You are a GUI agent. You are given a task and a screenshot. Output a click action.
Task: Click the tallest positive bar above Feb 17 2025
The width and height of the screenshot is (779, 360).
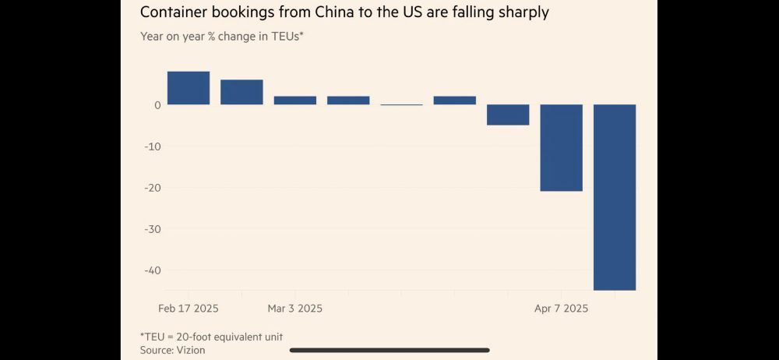189,88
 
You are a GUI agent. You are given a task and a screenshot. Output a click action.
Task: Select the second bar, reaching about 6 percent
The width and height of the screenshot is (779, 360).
241,92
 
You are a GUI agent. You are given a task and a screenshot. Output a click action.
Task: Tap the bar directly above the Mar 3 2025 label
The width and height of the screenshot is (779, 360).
295,101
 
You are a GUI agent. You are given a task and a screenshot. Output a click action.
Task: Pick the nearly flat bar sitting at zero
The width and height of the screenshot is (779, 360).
401,104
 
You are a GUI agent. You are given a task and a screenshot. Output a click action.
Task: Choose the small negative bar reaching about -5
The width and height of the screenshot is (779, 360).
508,115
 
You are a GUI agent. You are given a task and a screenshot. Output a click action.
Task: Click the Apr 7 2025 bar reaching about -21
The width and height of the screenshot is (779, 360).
562,147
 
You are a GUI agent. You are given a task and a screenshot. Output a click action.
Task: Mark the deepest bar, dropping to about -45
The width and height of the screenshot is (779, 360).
615,196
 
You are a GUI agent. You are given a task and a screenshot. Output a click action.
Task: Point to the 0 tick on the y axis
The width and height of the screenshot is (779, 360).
157,105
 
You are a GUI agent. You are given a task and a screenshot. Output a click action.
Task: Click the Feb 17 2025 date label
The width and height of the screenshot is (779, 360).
189,309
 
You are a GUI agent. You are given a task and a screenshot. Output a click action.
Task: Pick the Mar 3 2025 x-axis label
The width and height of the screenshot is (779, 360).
294,309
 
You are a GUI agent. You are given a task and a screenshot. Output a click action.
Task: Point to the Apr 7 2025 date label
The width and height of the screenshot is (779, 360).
561,309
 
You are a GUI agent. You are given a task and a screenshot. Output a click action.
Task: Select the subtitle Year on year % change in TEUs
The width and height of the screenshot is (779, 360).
221,36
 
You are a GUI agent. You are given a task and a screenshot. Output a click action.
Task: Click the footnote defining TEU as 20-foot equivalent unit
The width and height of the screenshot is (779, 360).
211,337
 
